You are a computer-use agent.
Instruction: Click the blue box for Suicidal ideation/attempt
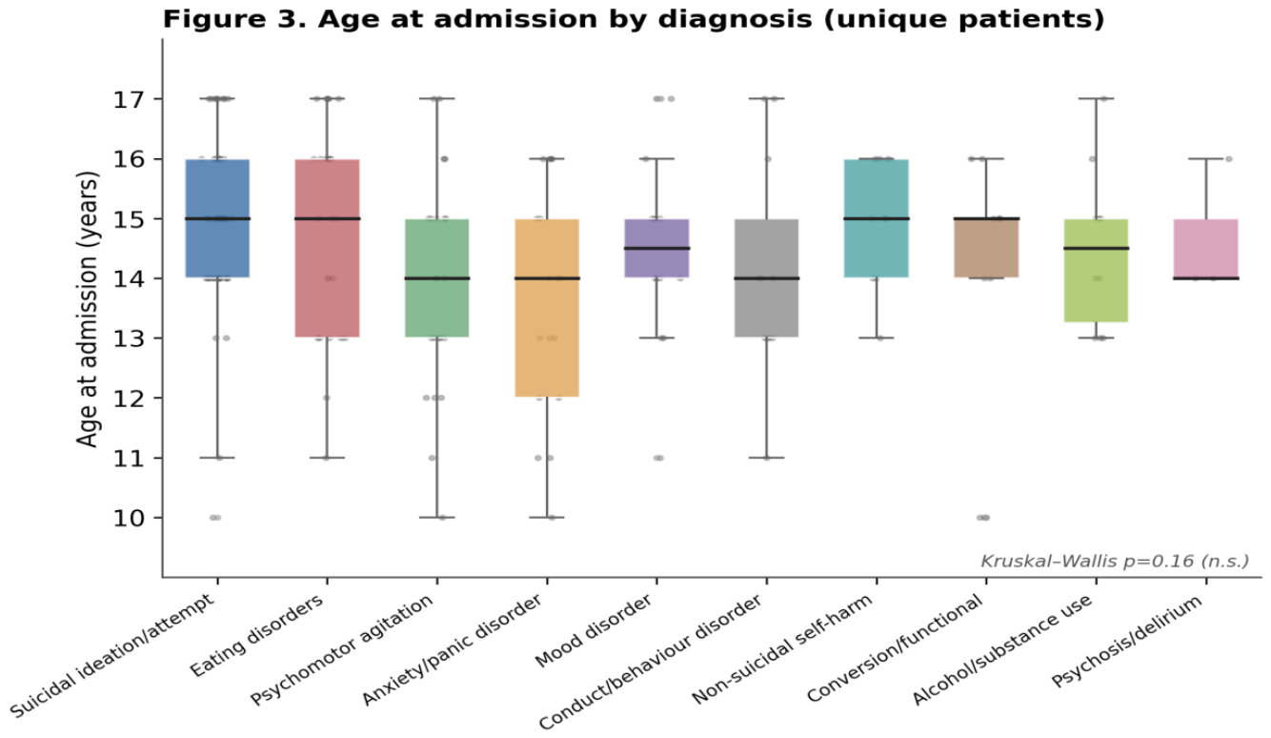[x=217, y=218]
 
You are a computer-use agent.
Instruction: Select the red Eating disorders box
[x=328, y=248]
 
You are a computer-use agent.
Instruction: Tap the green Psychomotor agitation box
[x=437, y=278]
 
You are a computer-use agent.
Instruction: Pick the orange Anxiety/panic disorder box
[x=547, y=308]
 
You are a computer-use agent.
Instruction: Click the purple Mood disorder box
[x=657, y=248]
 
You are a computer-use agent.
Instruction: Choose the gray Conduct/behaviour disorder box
[x=767, y=278]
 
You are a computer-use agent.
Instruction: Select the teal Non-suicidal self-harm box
[x=877, y=218]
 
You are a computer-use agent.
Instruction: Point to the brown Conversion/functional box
[x=987, y=248]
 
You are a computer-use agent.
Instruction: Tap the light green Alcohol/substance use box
[x=1097, y=270]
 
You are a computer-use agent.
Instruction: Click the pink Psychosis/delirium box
[x=1206, y=249]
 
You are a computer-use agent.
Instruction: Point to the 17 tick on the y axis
[x=158, y=99]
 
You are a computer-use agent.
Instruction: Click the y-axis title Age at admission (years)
[x=88, y=309]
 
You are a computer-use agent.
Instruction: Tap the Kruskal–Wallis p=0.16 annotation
[x=1115, y=562]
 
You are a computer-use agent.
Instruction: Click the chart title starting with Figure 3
[x=634, y=19]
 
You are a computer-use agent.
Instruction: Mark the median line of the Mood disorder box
[x=657, y=248]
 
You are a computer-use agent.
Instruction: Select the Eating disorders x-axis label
[x=256, y=636]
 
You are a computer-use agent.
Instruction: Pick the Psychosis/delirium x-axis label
[x=1127, y=641]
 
